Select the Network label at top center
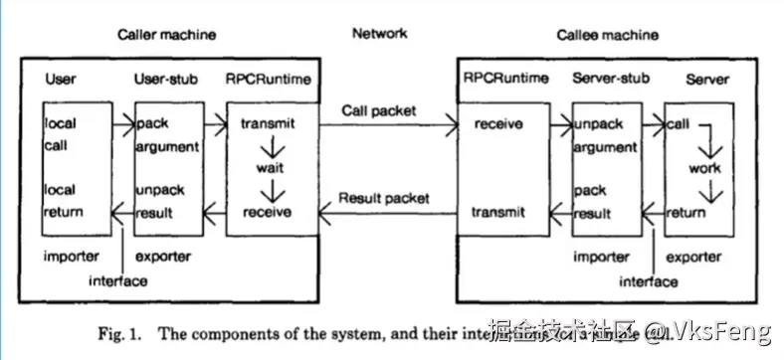[379, 33]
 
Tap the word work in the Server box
[704, 168]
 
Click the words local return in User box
[64, 201]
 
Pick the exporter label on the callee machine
[694, 258]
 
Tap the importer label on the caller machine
[71, 257]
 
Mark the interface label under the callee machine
[649, 281]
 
